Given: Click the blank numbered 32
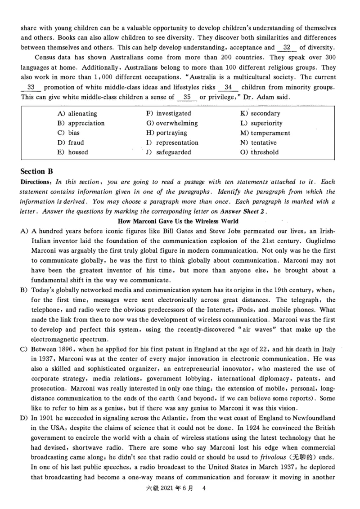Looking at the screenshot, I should click(287, 48).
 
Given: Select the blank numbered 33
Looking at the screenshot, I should click(31, 87).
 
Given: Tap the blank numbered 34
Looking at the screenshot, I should click(228, 87).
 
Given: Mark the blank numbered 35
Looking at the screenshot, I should click(187, 97).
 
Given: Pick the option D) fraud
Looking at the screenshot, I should click(71, 143).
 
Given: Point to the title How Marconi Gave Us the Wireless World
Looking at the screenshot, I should click(178, 221).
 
